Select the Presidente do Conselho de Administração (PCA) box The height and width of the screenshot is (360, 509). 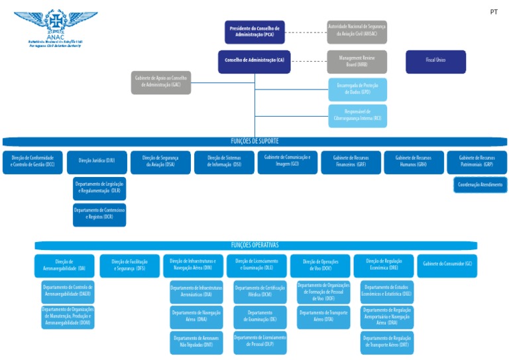[x=254, y=32]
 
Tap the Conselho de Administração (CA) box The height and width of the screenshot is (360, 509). [x=254, y=61]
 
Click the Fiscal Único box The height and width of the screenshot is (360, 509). [x=435, y=61]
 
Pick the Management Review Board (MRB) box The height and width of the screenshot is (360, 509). [x=357, y=61]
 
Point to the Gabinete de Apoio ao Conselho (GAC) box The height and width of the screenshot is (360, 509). [x=160, y=82]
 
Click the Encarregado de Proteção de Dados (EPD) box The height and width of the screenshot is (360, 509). [x=357, y=89]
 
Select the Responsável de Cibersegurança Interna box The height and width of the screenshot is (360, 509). [x=357, y=115]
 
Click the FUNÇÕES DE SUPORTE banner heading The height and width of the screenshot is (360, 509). [x=254, y=141]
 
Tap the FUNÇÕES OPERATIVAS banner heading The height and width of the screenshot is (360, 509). [x=254, y=245]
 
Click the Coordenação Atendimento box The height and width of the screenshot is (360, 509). [x=480, y=185]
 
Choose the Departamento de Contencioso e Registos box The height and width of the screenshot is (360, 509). [x=99, y=214]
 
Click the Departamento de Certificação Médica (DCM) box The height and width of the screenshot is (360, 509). [x=260, y=291]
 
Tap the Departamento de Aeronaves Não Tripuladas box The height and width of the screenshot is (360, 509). [x=196, y=341]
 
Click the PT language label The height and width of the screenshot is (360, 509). [x=493, y=12]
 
